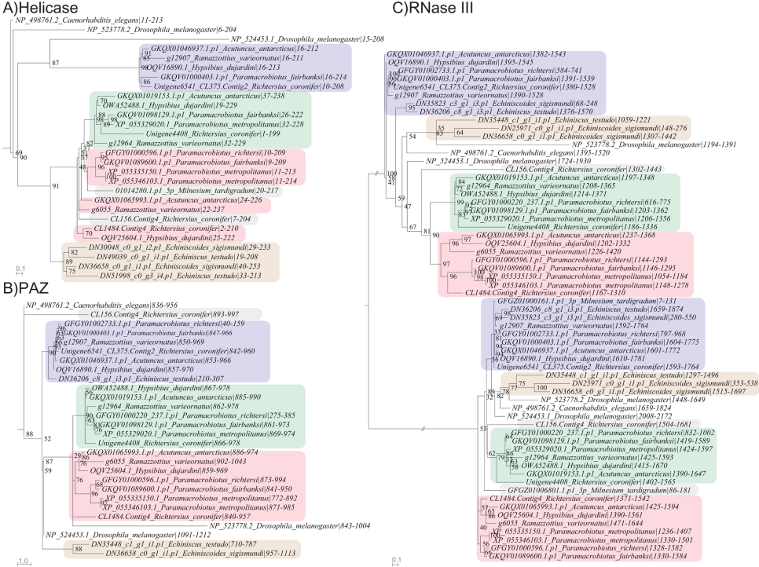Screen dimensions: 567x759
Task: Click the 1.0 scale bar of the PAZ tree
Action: click(x=23, y=562)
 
